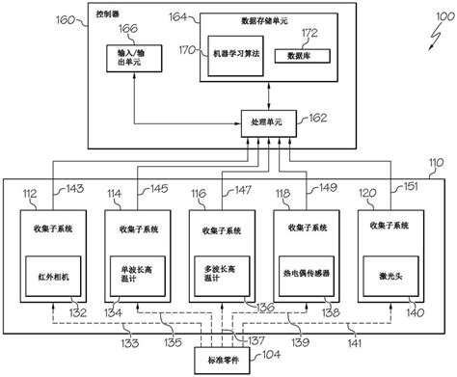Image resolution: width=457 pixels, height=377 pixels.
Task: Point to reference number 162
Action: [315, 119]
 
